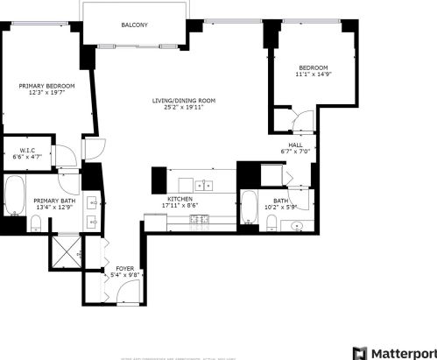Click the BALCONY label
point(134,25)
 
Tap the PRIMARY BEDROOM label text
point(47,85)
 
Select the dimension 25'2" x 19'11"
point(182,109)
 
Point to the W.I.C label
point(27,150)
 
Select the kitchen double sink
point(204,185)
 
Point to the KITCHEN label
point(180,200)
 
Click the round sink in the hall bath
point(298,226)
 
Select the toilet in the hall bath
point(273,226)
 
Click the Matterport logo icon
point(359,351)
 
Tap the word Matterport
point(402,351)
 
